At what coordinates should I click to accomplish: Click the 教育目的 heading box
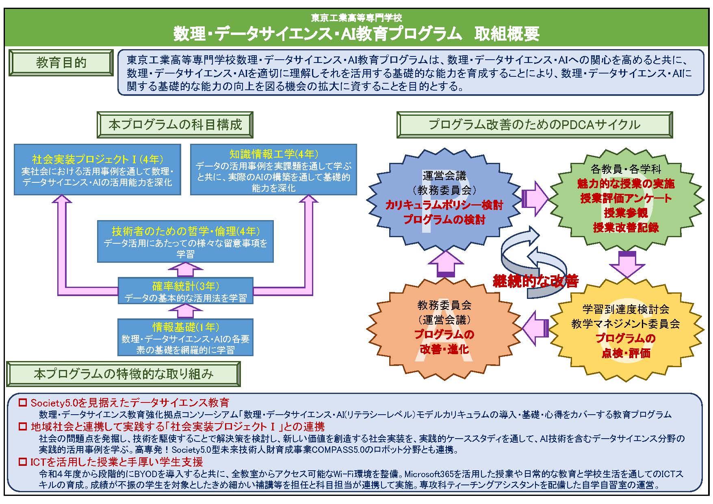click(61, 63)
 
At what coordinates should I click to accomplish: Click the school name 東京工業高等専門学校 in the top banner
click(356, 18)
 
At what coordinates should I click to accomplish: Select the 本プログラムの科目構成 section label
click(175, 125)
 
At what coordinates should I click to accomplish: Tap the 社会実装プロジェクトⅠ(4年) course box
click(98, 169)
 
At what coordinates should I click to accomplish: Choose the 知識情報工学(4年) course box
click(273, 169)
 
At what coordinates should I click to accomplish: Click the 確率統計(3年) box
click(185, 290)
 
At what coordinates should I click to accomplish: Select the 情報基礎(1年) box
click(185, 337)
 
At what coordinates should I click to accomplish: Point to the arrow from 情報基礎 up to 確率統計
click(185, 311)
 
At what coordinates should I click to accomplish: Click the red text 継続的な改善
click(535, 281)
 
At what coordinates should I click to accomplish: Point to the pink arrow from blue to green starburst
click(535, 199)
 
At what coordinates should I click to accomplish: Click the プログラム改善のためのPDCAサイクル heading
click(535, 125)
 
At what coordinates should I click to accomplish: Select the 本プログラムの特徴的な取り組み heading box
click(124, 374)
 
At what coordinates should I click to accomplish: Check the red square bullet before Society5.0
click(23, 403)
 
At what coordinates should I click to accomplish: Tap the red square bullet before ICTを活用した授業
click(23, 462)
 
